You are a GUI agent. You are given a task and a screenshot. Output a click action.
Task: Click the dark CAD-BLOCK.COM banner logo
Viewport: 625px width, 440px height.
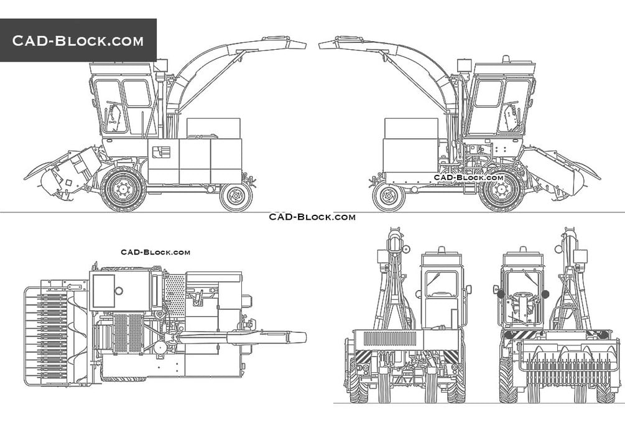click(78, 40)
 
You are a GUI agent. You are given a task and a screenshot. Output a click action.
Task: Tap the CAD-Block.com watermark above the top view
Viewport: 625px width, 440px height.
click(155, 252)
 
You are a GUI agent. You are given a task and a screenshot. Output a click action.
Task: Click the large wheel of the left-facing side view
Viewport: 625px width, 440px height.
click(123, 189)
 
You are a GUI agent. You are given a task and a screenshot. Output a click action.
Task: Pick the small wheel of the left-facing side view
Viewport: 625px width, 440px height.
click(236, 197)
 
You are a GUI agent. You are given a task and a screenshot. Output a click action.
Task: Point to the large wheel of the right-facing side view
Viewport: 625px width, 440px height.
click(501, 189)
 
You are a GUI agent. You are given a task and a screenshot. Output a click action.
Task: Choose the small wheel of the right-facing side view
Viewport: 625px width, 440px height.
click(389, 197)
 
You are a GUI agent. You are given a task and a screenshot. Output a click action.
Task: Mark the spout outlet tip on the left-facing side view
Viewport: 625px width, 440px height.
click(305, 45)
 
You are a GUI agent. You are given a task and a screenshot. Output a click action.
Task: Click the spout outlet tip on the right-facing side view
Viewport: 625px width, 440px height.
click(320, 45)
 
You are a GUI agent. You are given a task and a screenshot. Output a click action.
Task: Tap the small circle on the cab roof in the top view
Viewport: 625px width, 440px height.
click(119, 291)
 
